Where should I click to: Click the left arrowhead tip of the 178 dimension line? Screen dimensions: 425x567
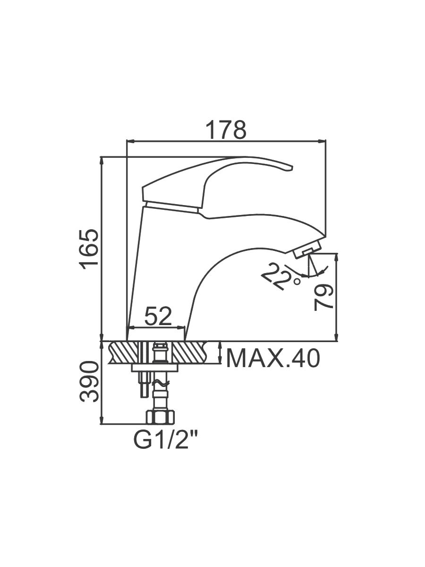127,141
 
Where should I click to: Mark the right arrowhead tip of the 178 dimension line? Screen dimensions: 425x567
326,141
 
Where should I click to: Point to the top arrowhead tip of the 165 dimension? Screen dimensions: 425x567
102,157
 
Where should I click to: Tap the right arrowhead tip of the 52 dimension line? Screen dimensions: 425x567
185,328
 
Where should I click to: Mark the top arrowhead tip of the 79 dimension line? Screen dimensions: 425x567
336,253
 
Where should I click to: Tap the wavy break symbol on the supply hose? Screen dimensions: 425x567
161,384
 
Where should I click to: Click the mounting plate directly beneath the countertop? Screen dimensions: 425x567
155,368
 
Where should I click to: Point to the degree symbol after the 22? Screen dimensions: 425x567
297,282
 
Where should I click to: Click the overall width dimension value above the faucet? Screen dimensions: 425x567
227,129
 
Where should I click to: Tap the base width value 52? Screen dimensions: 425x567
158,316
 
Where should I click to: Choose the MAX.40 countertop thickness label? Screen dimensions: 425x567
273,359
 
